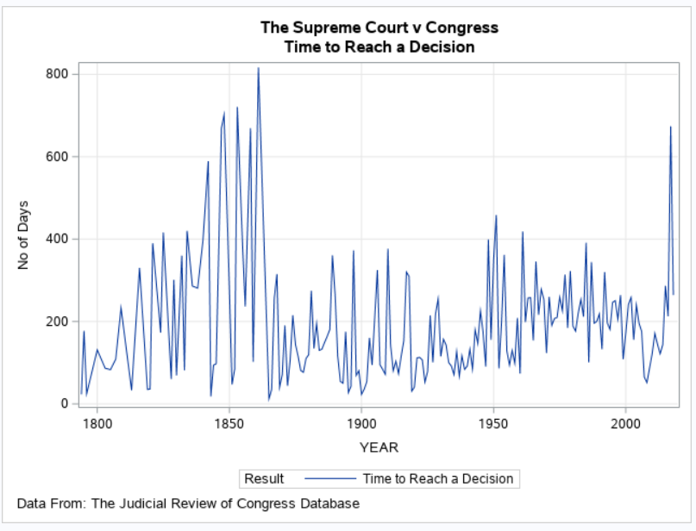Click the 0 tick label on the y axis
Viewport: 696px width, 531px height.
[x=65, y=403]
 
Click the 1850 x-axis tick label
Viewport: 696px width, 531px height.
[x=229, y=424]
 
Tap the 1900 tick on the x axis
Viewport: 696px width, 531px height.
[x=361, y=424]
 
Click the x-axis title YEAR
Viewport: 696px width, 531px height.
[x=379, y=447]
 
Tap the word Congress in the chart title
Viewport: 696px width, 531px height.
[x=463, y=28]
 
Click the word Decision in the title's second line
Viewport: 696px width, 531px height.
[x=439, y=47]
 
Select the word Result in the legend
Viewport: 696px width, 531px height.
[x=264, y=478]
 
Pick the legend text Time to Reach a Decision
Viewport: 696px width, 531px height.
[x=437, y=478]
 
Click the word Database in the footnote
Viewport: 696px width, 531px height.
[x=327, y=503]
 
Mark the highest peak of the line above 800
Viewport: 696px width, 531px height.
[x=258, y=68]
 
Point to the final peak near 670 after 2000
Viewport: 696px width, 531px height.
[x=670, y=128]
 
